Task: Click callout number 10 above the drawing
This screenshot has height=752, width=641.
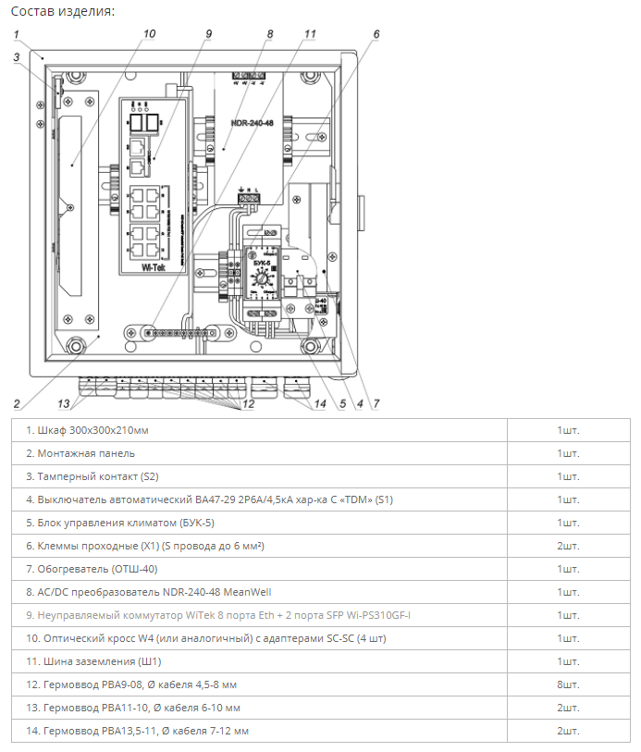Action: pos(150,34)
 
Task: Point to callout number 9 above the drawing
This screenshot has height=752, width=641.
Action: pos(208,34)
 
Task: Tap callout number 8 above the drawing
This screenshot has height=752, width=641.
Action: pos(269,34)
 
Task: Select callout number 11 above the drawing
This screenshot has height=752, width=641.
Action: pos(310,34)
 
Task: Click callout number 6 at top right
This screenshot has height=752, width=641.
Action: pos(376,34)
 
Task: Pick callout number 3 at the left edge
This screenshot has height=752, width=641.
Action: pos(17,57)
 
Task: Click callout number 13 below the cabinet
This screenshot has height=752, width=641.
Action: pos(64,403)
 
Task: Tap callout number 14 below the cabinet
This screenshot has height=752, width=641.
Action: pos(320,403)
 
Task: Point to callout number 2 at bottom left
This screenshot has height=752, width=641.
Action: pos(17,403)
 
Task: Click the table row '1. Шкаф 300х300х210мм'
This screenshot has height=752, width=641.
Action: pos(87,430)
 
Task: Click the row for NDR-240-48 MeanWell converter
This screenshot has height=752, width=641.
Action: pos(148,592)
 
